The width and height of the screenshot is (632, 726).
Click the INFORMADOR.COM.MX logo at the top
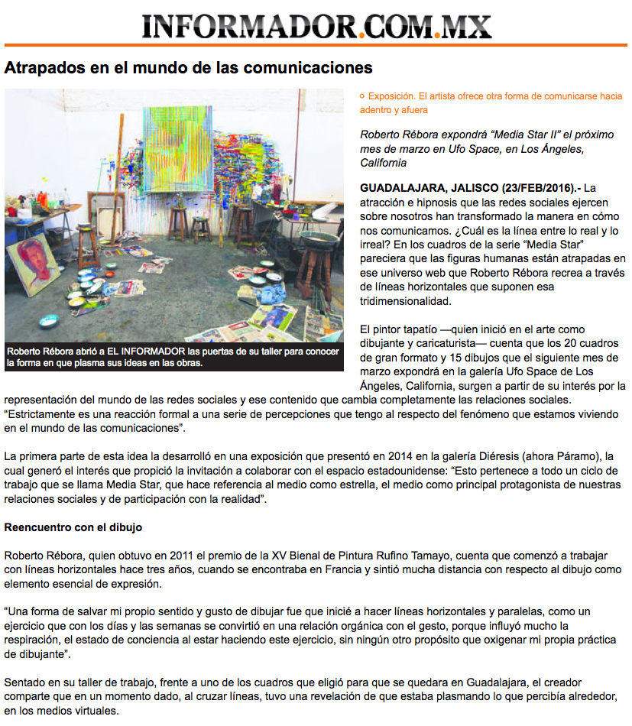tap(316, 27)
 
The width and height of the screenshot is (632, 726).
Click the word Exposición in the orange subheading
tap(391, 96)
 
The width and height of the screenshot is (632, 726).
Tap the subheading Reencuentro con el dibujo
tap(73, 527)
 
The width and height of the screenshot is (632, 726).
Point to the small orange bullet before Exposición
tap(362, 96)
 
